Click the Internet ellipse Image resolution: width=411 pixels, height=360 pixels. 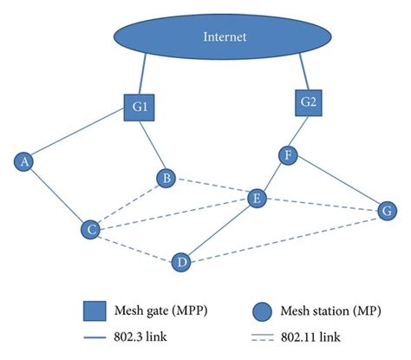point(225,37)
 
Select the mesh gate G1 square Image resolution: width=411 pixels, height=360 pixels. point(140,109)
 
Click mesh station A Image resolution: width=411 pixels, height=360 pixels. point(25,160)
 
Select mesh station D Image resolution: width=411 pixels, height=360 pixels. point(180,260)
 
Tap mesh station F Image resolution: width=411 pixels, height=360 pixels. point(289,155)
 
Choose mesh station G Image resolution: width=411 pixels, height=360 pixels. point(387,210)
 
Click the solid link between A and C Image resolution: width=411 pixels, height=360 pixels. point(57,195)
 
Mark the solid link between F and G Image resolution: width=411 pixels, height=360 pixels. point(338,183)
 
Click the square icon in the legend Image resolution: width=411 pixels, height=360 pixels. point(94,309)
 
